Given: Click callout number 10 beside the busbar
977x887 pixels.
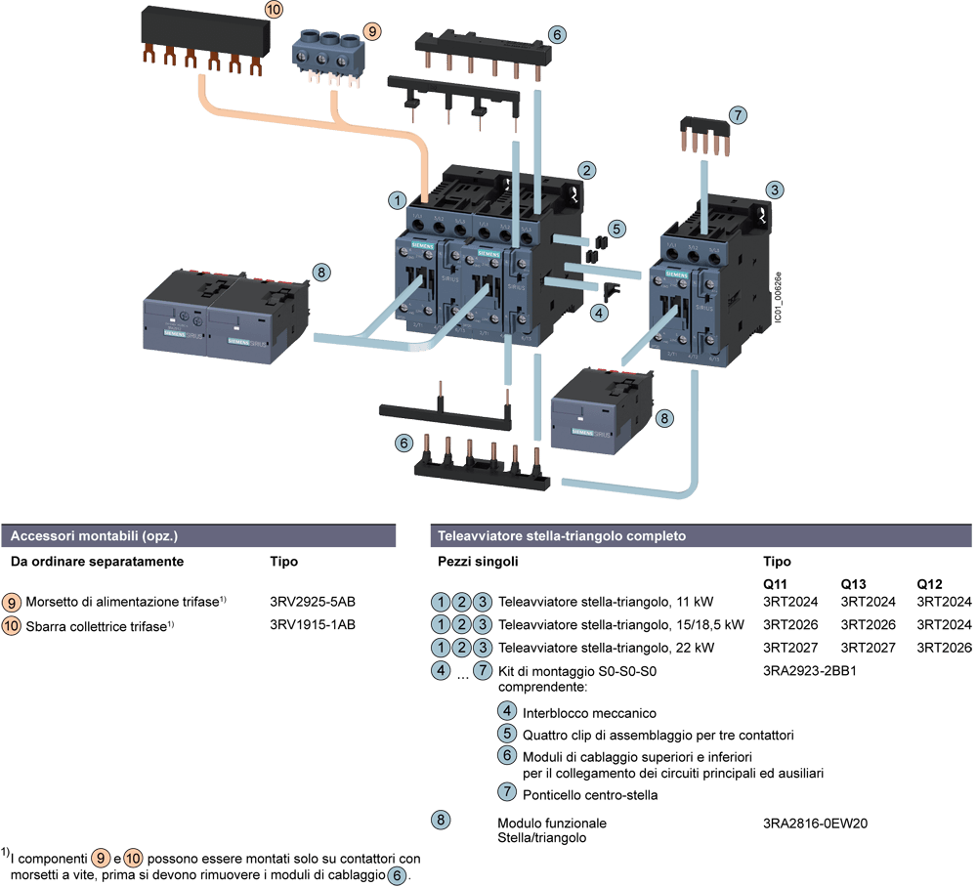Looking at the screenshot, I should pyautogui.click(x=274, y=10).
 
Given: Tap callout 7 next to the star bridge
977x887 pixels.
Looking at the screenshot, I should pyautogui.click(x=738, y=115).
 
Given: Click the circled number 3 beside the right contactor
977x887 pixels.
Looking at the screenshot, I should pyautogui.click(x=774, y=190).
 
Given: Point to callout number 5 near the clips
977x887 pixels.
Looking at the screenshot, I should pyautogui.click(x=615, y=229).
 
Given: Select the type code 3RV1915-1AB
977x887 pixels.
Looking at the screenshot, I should pyautogui.click(x=305, y=624).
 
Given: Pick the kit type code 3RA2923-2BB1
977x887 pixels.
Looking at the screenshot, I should pyautogui.click(x=810, y=671).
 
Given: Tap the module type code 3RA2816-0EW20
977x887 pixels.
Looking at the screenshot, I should pyautogui.click(x=815, y=823).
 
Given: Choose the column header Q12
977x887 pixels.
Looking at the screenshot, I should pyautogui.click(x=929, y=582).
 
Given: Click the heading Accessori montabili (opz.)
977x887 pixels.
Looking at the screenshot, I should pyautogui.click(x=93, y=536).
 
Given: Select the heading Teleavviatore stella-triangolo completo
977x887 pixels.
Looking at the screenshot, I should pyautogui.click(x=561, y=536).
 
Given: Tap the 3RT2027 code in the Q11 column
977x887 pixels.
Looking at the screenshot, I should pyautogui.click(x=790, y=648).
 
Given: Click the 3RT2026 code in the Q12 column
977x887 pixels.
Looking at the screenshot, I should pyautogui.click(x=944, y=648).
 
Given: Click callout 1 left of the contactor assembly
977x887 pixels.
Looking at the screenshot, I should pyautogui.click(x=397, y=199).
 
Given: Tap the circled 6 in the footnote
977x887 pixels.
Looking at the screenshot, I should pyautogui.click(x=397, y=874).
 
